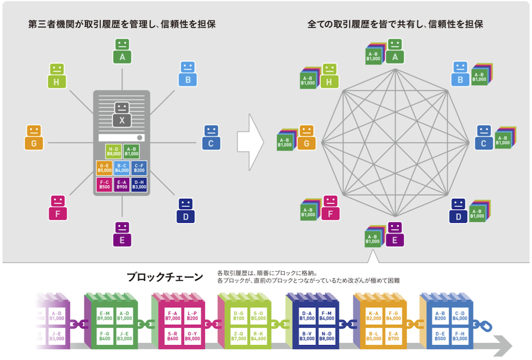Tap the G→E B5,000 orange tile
point(104,168)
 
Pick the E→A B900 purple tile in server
point(122,185)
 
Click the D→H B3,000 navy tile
point(139,185)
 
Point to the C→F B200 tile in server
point(139,168)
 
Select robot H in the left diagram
point(56,75)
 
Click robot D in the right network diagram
point(459,210)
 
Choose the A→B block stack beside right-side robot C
point(504,138)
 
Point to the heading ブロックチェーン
point(164,277)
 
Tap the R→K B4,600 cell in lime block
point(258,336)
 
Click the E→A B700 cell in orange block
point(394,336)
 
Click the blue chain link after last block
point(487,325)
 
